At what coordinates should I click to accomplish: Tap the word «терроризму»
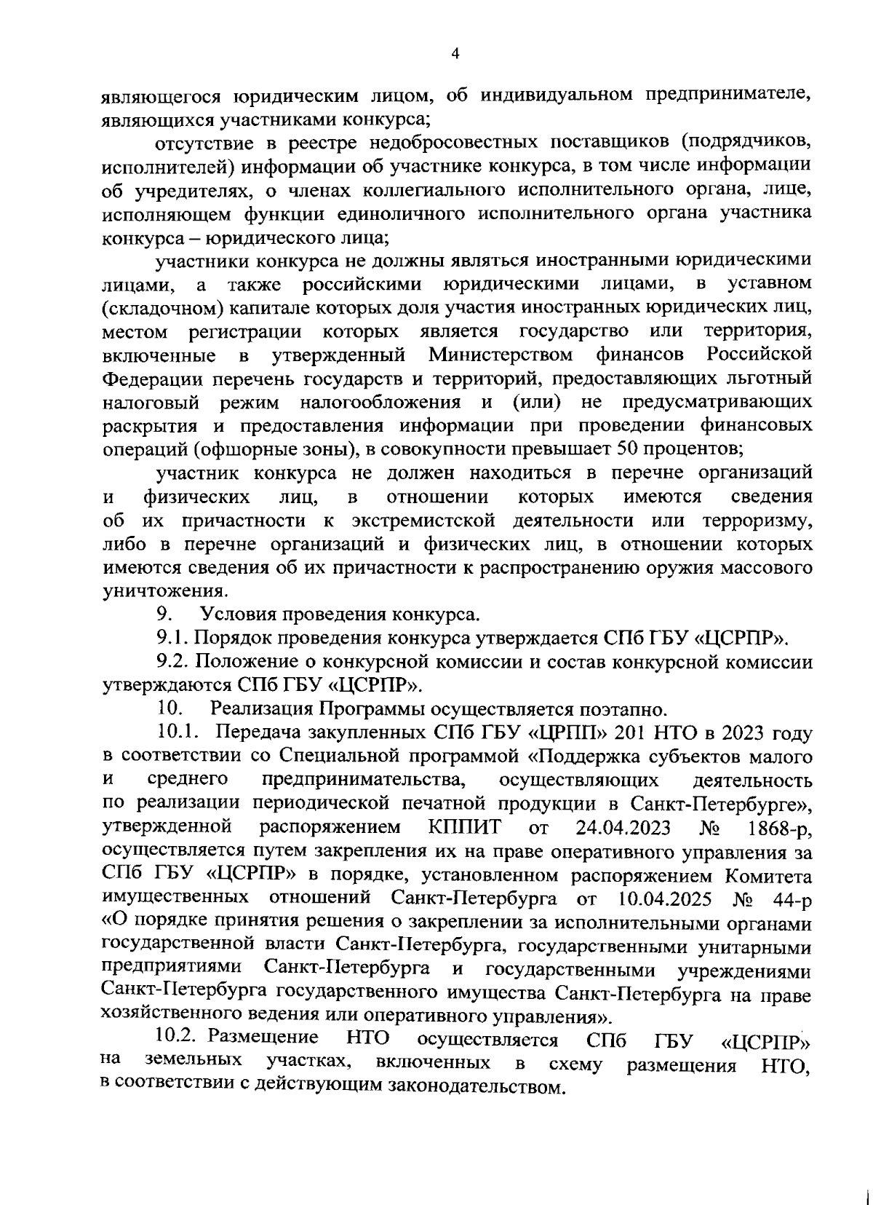point(757,521)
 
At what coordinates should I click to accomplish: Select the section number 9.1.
point(172,639)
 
